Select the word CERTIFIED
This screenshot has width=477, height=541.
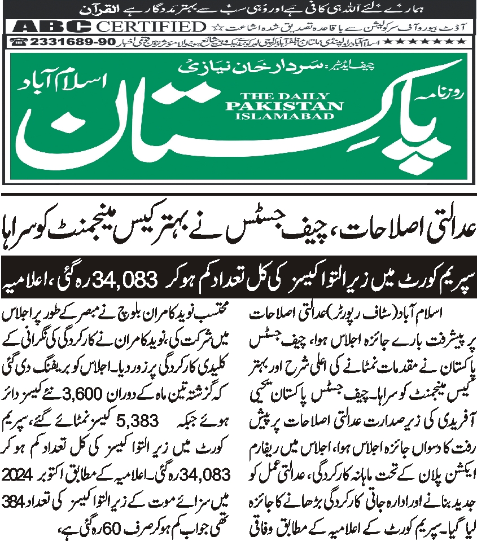tap(150, 27)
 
